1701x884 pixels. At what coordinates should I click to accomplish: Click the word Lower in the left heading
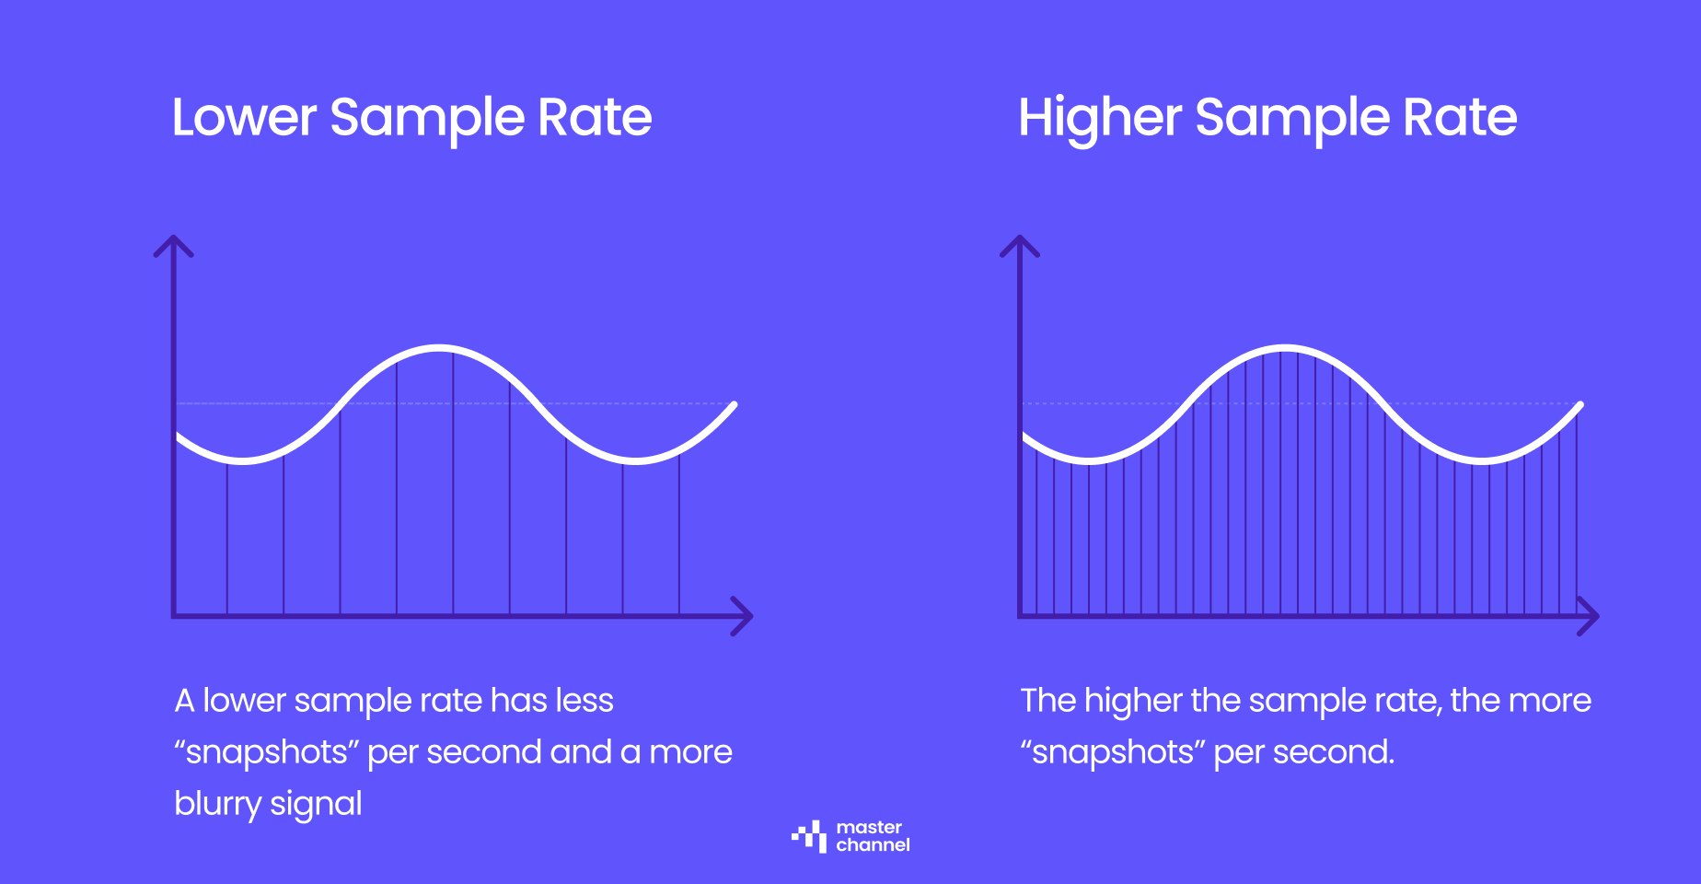244,118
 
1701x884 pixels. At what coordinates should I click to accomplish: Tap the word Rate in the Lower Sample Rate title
595,118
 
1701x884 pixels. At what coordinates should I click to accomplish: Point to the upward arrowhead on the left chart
173,245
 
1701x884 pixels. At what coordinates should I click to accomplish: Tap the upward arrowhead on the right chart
1020,245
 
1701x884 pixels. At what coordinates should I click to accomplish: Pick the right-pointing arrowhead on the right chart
1589,616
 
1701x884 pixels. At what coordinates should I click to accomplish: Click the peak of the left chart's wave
440,349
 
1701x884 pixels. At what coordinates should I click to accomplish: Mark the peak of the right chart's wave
1285,349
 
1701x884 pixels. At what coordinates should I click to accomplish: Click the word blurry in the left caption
217,804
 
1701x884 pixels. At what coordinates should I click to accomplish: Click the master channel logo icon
809,836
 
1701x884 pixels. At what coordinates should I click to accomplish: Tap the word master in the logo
869,827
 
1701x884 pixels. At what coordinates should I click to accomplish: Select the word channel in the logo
873,845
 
